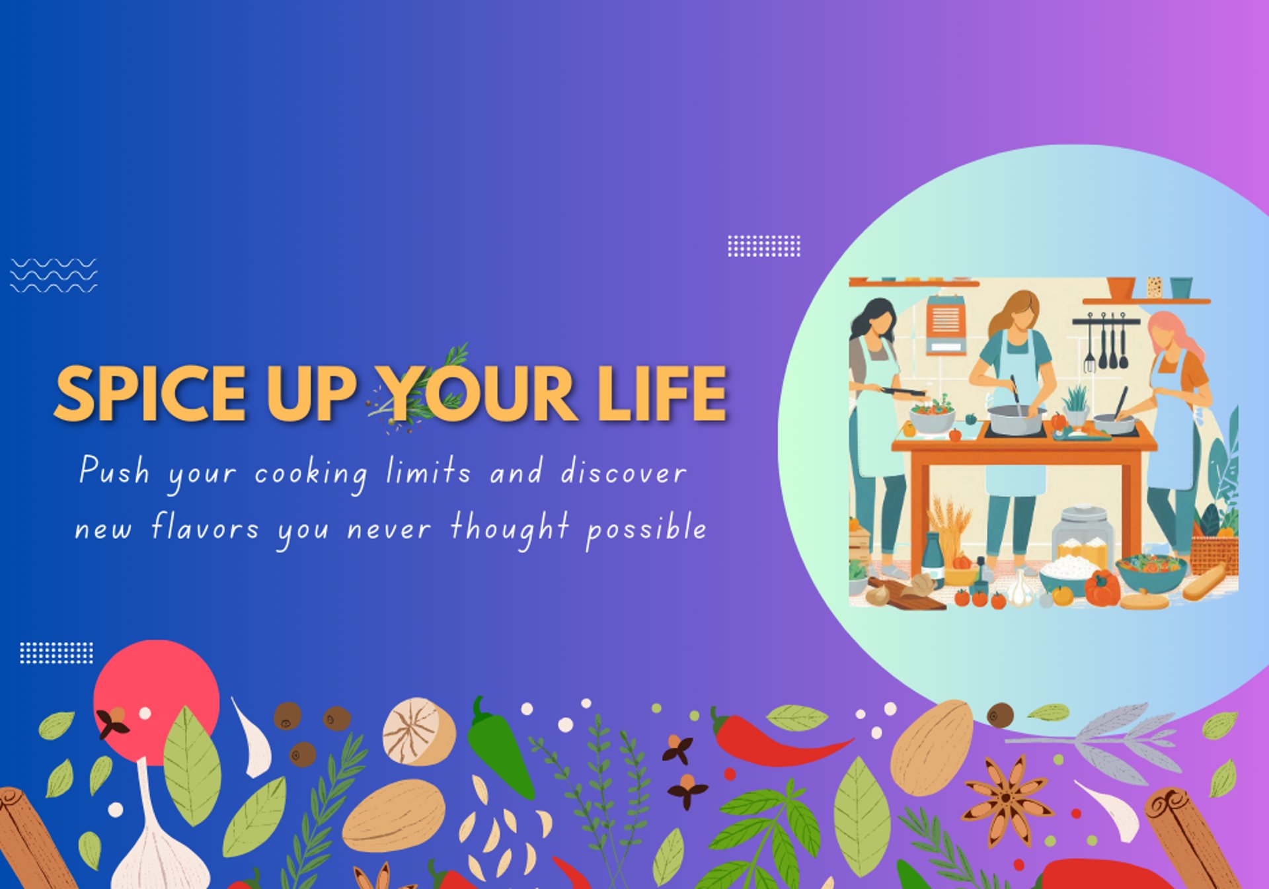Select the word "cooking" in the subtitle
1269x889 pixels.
[311, 474]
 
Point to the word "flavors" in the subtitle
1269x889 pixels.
[206, 527]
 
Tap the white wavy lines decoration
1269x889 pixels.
[54, 275]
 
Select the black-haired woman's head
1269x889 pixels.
[876, 319]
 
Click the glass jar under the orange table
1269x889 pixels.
[1083, 536]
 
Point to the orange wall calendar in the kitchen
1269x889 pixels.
[945, 324]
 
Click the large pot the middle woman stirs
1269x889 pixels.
[1016, 420]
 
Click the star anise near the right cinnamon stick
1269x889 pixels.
[1007, 801]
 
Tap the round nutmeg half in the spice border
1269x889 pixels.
[419, 732]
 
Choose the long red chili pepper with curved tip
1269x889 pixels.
[773, 740]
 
